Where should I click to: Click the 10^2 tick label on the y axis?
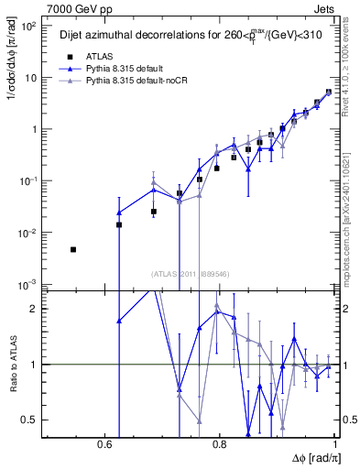pos(28,26)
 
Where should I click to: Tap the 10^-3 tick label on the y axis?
pos(28,285)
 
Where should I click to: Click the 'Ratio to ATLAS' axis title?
pos(10,364)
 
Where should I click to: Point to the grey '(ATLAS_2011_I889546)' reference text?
pos(191,272)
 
